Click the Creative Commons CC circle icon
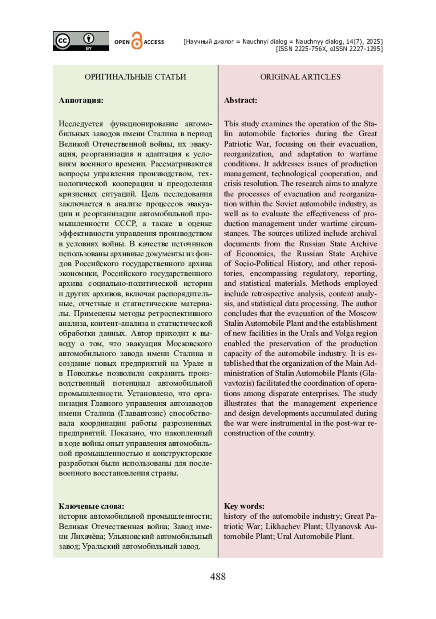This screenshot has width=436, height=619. pyautogui.click(x=62, y=40)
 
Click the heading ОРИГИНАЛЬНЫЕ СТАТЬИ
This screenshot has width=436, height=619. pyautogui.click(x=135, y=77)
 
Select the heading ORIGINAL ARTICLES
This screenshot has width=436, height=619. pyautogui.click(x=300, y=77)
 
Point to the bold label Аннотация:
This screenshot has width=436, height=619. pyautogui.click(x=81, y=100)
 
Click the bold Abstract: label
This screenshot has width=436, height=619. pyautogui.click(x=241, y=100)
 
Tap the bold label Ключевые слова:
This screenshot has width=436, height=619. pyautogui.click(x=91, y=506)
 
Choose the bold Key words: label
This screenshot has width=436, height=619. pyautogui.click(x=244, y=506)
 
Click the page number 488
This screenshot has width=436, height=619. pyautogui.click(x=218, y=576)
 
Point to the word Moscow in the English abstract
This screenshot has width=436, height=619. pyautogui.click(x=363, y=313)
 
